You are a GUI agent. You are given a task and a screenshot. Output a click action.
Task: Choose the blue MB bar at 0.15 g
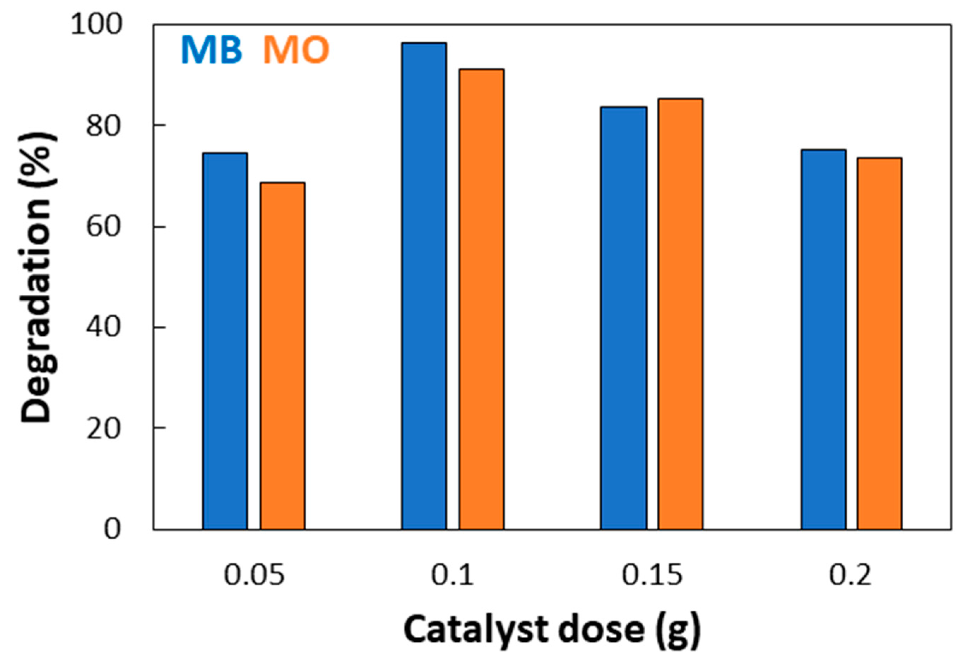pyautogui.click(x=623, y=318)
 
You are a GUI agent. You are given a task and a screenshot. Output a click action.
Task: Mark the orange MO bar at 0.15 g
pyautogui.click(x=680, y=314)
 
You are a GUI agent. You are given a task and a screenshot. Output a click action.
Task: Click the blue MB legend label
pyautogui.click(x=211, y=50)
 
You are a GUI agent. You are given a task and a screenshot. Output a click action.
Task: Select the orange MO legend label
pyautogui.click(x=296, y=50)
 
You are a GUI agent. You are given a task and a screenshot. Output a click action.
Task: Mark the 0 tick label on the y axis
pyautogui.click(x=112, y=529)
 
